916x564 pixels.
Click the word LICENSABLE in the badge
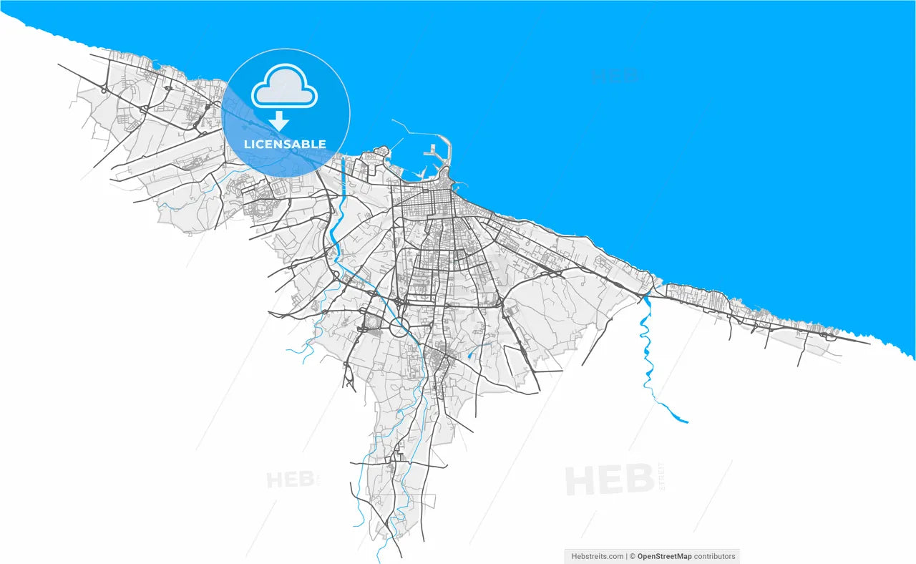point(285,144)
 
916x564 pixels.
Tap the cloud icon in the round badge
point(284,87)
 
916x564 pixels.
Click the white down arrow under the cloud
point(278,120)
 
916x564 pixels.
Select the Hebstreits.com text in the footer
point(598,556)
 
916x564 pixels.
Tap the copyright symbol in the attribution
point(632,556)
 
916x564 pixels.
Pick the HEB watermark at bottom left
point(290,479)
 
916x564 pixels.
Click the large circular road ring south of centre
point(399,328)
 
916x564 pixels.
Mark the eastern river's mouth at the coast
point(647,293)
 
